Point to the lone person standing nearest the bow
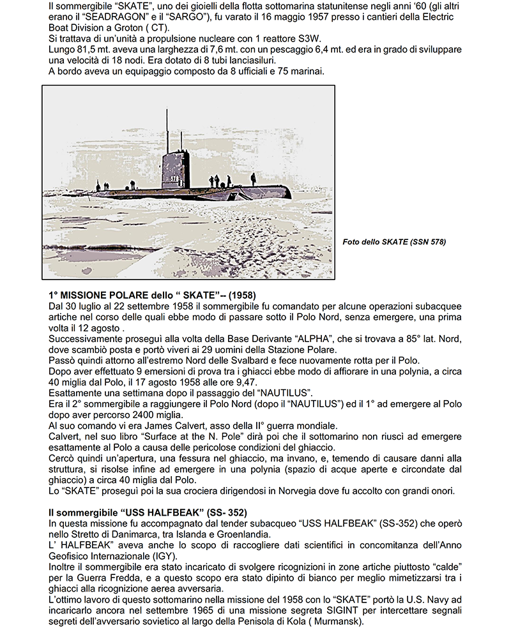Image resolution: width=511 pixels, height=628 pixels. (x=253, y=180)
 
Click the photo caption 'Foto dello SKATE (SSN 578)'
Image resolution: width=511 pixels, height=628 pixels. (x=394, y=241)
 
